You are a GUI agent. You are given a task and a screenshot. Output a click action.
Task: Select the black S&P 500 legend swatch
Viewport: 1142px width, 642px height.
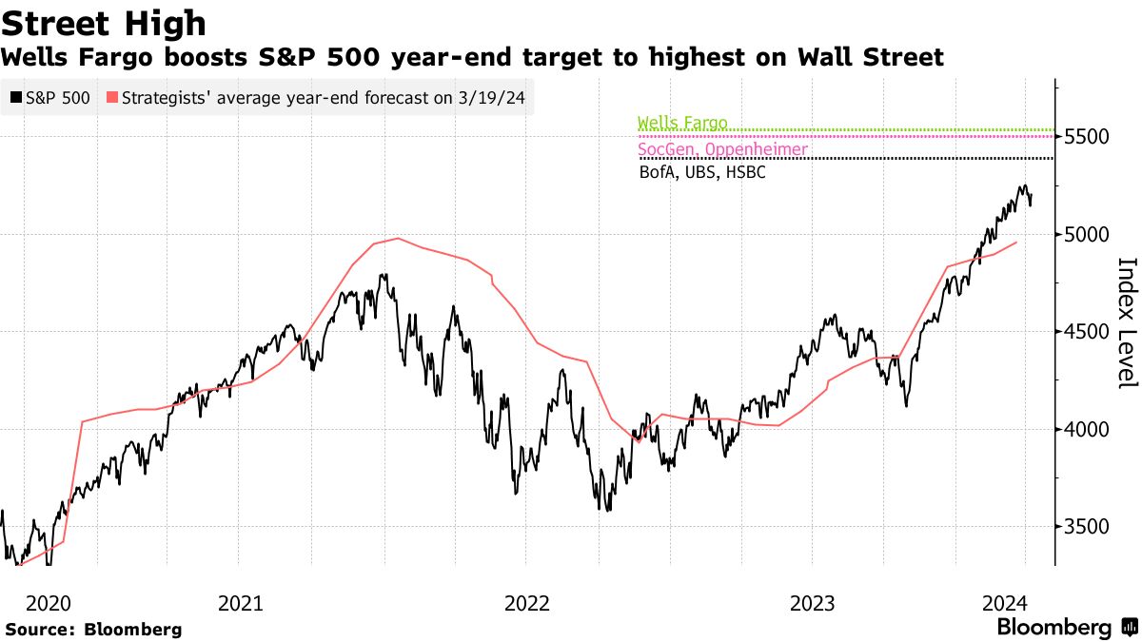15,97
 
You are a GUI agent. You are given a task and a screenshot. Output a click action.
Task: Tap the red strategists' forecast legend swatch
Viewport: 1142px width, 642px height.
112,97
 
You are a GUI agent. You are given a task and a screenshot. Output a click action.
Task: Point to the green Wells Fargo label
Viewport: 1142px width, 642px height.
681,123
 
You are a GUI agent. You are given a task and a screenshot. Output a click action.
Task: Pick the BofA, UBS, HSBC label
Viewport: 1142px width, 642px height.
702,173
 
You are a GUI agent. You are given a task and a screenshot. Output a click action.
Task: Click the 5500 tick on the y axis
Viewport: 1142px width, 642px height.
1088,137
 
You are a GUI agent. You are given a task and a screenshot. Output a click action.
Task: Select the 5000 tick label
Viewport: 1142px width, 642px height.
1088,235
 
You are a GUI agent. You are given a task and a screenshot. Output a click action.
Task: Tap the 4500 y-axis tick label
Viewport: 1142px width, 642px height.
1088,332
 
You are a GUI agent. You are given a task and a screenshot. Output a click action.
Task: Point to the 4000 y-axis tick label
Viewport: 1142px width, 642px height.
1088,430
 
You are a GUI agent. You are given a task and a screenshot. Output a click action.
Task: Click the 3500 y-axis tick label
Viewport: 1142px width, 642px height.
1088,527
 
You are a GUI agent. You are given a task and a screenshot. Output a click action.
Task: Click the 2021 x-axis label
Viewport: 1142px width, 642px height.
241,603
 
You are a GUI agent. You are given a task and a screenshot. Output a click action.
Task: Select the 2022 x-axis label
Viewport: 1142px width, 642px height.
526,603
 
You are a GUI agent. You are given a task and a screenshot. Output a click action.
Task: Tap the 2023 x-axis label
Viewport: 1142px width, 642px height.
812,603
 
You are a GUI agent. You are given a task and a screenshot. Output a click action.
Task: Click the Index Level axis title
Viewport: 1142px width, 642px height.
1127,322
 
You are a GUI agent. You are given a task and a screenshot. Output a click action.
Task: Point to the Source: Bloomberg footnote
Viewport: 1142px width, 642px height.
93,630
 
